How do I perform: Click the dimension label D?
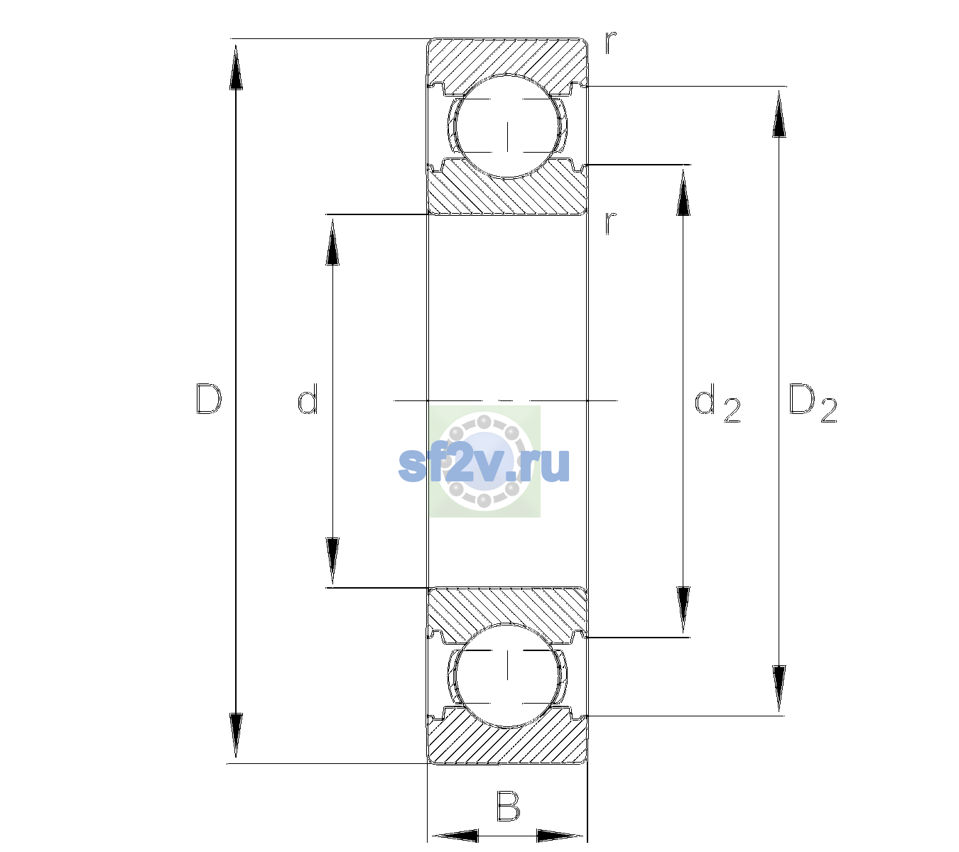click(x=209, y=398)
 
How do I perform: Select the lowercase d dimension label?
click(x=308, y=398)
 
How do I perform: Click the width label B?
click(x=509, y=805)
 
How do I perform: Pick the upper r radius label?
click(x=611, y=42)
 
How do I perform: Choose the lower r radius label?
click(x=611, y=223)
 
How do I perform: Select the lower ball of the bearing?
click(x=507, y=675)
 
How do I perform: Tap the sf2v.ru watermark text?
click(x=484, y=465)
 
